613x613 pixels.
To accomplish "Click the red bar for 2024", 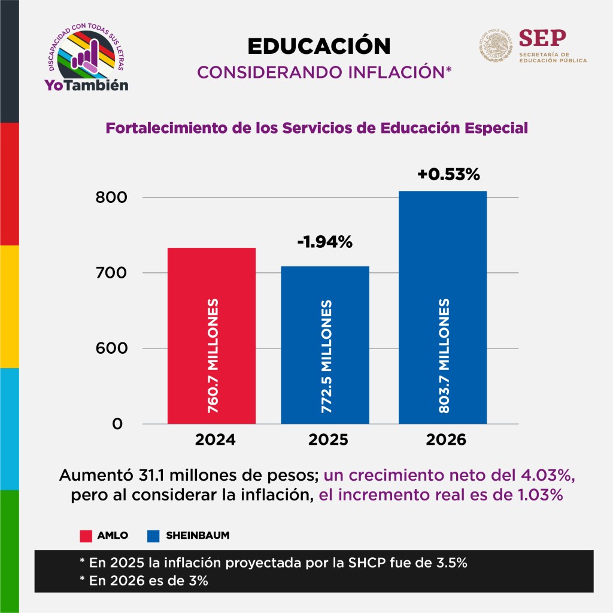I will coord(211,335).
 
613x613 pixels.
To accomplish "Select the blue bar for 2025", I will coord(325,345).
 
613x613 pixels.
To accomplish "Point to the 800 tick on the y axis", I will coord(109,198).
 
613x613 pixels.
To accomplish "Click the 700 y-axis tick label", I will coord(109,273).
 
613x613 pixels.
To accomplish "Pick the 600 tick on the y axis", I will coord(109,348).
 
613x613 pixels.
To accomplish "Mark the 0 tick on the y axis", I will coord(117,424).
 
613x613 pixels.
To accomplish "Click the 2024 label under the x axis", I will coord(215,441).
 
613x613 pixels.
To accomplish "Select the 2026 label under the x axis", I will coord(446,441).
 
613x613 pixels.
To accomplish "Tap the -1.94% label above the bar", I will coord(325,242).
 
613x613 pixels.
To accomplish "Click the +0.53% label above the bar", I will coord(449,175).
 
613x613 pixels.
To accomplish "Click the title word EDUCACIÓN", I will coord(318,45).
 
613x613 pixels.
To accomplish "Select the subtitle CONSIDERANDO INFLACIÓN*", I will coord(324,72).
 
